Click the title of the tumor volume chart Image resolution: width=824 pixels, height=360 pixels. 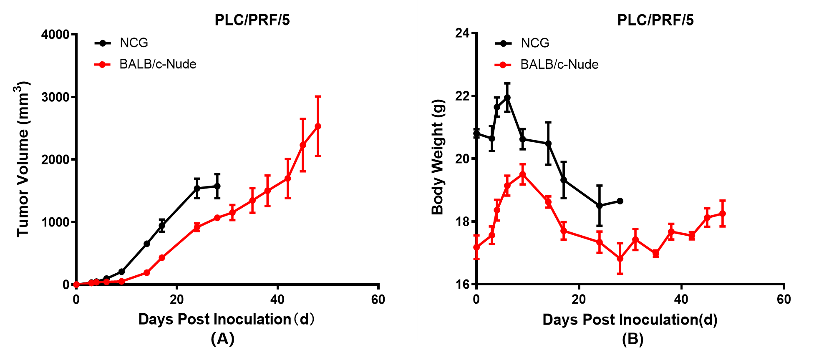252,20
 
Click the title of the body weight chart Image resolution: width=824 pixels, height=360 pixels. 655,20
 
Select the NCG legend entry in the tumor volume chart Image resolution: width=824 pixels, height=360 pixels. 134,43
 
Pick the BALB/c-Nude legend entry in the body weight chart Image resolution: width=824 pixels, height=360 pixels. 559,64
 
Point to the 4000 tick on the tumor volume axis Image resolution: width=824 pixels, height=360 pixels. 55,34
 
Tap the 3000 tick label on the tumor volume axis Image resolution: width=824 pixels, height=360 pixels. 55,97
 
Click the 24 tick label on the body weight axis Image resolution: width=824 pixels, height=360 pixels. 463,33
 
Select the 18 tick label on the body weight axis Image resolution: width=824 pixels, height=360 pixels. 463,222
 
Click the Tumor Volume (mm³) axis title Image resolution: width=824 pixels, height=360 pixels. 23,159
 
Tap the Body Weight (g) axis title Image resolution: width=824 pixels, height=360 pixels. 438,157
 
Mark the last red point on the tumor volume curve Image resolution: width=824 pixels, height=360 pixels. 318,126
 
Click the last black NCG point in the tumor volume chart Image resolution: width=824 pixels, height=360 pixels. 217,186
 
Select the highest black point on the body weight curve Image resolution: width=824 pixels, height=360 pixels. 507,98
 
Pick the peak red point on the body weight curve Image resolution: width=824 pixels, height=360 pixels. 522,174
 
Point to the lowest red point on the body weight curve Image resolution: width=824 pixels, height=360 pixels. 620,259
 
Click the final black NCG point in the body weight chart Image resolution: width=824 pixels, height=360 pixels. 620,201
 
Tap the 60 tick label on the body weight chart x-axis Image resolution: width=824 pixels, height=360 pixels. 784,299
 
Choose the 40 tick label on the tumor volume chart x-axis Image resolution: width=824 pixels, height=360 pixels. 277,299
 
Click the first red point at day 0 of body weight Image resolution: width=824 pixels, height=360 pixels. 476,247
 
